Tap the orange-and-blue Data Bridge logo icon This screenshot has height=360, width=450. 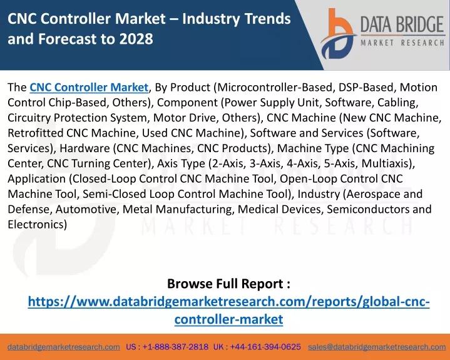tap(339, 34)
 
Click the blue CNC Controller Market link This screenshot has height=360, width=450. tap(89, 87)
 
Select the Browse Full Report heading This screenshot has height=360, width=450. tap(228, 284)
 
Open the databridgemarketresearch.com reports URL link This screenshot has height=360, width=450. tap(228, 311)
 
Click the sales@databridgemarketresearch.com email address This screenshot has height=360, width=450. tap(377, 347)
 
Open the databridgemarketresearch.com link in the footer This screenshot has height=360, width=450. tap(64, 347)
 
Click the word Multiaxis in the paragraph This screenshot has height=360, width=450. tap(386, 163)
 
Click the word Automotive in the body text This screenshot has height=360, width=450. tap(86, 209)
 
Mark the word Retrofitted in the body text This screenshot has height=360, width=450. tap(35, 133)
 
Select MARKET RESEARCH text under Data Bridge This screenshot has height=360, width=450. tap(402, 43)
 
